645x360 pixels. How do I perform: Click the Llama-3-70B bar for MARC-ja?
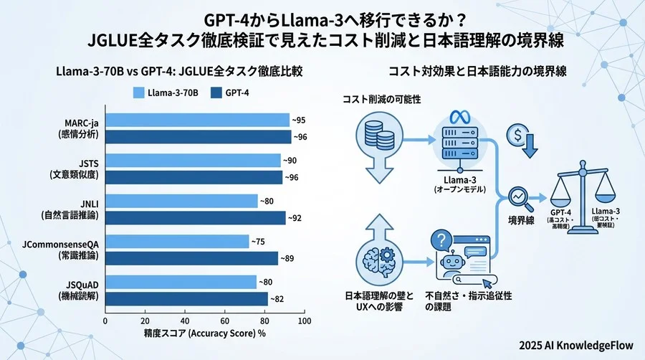point(197,120)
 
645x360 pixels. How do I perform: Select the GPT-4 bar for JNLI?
point(195,217)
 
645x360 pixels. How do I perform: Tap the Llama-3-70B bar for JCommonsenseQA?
point(177,242)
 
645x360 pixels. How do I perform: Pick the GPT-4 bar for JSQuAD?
point(186,298)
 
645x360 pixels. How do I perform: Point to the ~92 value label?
point(295,217)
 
